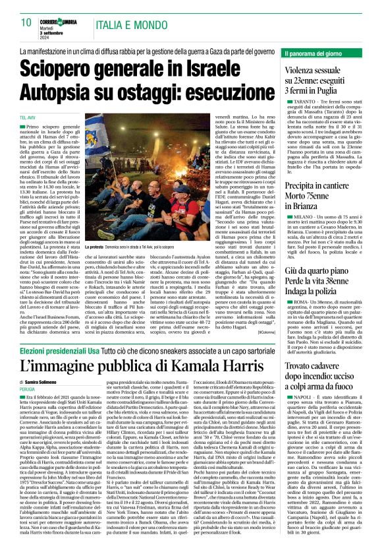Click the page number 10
27,22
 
